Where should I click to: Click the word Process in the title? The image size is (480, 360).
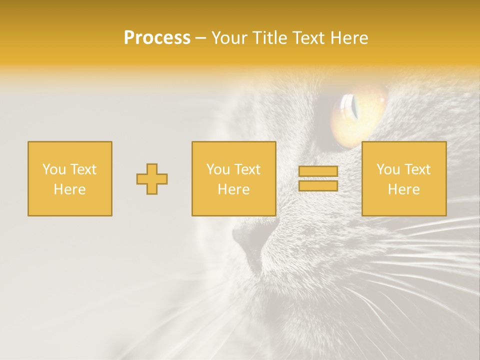point(157,38)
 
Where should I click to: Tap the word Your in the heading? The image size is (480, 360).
point(229,38)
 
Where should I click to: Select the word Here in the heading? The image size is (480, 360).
point(349,38)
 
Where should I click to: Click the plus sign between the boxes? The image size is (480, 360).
point(152,179)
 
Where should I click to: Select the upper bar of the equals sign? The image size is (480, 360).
point(318,171)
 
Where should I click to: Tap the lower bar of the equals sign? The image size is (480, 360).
point(318,186)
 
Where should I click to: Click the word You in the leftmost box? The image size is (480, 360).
point(53,169)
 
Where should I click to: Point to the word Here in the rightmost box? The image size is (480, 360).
point(403,189)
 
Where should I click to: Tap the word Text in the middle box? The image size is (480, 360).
point(247,169)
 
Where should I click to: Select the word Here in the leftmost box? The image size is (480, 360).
point(69,189)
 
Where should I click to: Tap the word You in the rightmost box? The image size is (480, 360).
point(387,169)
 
